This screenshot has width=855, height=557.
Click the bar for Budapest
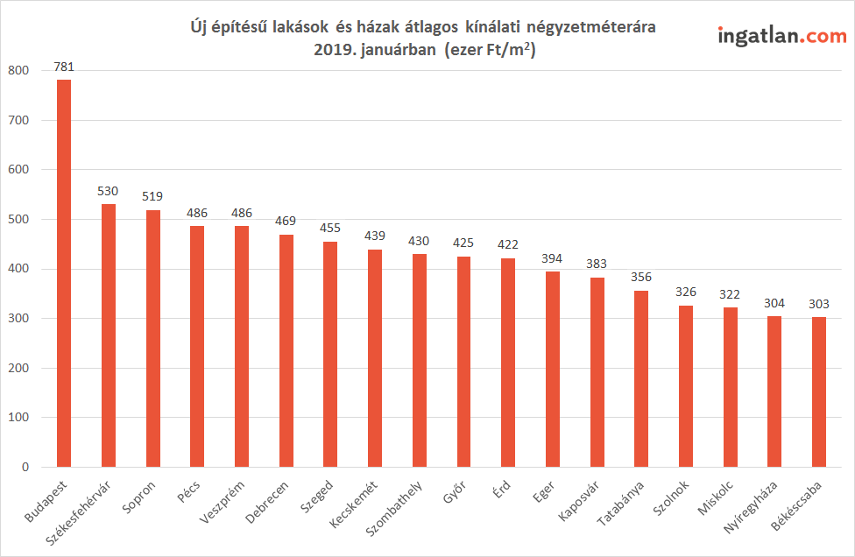coord(64,273)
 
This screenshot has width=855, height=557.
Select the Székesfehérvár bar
coord(109,335)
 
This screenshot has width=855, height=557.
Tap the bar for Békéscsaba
coord(818,391)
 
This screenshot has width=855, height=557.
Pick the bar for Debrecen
coord(286,350)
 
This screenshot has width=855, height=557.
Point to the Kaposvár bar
coord(597,372)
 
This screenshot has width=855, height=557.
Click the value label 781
coord(64,67)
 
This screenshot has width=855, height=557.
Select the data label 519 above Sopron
coord(152,196)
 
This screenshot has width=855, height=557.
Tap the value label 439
coord(375,236)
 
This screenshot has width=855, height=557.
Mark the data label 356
coord(641,277)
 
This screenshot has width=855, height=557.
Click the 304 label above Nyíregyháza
coord(774,303)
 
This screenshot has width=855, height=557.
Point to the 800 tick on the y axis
coord(18,70)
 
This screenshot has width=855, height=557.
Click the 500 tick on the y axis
coord(18,219)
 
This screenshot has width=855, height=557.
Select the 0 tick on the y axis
coord(25,467)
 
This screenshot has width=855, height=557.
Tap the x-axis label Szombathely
coord(394,509)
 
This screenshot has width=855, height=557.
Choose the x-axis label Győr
coord(454,491)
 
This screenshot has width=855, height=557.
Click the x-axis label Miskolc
coord(716,497)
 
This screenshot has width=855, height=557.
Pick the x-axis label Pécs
coord(188,491)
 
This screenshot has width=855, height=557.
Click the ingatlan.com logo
coord(782,36)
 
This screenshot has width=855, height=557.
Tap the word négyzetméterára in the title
coord(591,26)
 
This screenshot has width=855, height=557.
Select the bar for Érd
coord(508,363)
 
